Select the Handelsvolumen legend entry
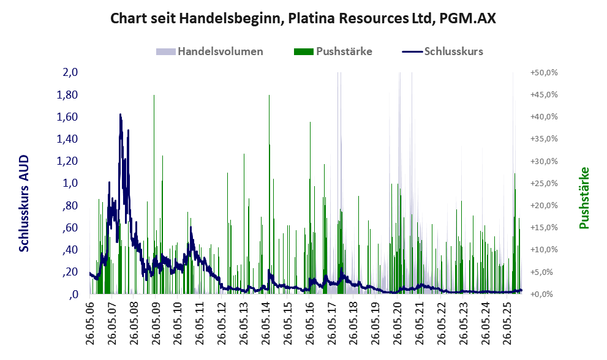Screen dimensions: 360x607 [x=220, y=51]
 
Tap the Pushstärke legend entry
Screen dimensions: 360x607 [x=344, y=51]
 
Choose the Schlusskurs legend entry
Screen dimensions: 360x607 [x=453, y=51]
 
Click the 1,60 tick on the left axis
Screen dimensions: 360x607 [x=67, y=117]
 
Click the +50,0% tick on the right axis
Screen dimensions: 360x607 [x=543, y=72]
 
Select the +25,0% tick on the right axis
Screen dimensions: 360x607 [x=543, y=183]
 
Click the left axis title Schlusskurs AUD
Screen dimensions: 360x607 [x=24, y=203]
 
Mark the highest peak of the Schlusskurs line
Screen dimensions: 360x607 [x=120, y=114]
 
